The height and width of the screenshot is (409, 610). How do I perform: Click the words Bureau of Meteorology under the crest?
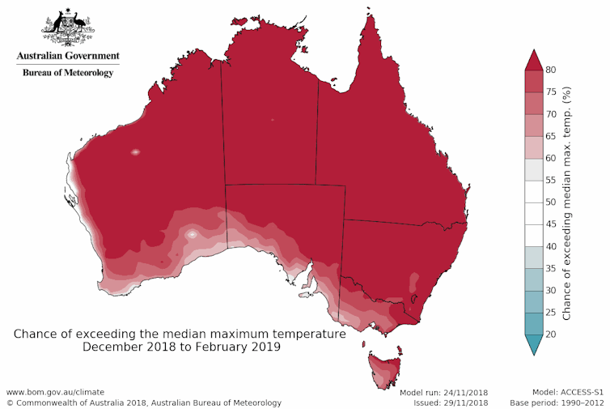pos(68,72)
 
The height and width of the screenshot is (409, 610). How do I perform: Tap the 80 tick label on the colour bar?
pos(552,70)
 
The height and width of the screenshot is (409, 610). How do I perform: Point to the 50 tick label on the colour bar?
pos(552,202)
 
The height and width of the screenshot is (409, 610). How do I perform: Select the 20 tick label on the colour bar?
pos(552,334)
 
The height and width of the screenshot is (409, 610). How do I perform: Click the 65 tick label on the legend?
pos(552,136)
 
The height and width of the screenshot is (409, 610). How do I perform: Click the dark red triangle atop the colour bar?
pos(532,59)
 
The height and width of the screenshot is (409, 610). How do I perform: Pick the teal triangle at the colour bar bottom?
pos(532,344)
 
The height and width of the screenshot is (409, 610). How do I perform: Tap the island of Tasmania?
pos(384,369)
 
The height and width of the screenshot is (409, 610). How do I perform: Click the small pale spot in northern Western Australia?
pos(135,151)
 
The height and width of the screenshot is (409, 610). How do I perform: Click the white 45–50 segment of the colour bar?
pos(532,213)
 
